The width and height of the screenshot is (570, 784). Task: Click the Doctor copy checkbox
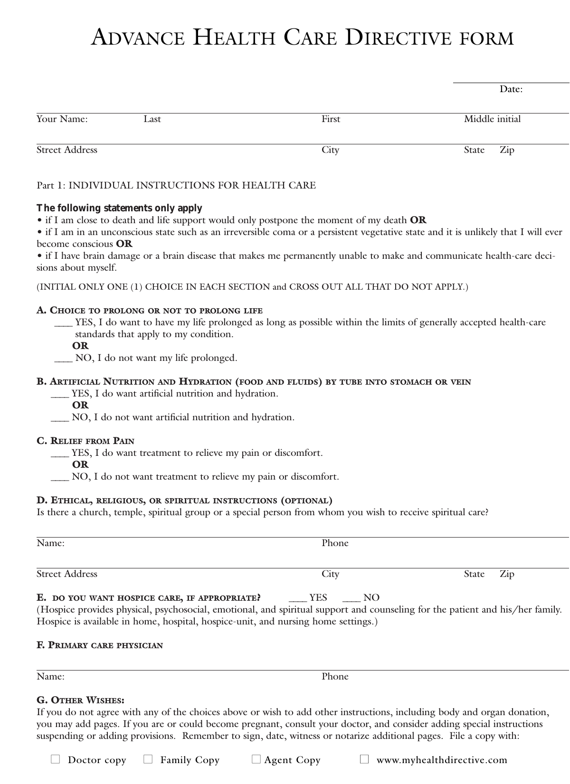pyautogui.click(x=56, y=759)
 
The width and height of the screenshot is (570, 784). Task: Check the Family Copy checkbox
pyautogui.click(x=148, y=759)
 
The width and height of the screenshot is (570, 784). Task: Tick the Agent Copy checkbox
pyautogui.click(x=256, y=759)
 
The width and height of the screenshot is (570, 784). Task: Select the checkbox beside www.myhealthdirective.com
pyautogui.click(x=364, y=759)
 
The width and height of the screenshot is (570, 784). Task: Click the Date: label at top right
pyautogui.click(x=511, y=89)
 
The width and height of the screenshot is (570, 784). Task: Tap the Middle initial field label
pyautogui.click(x=492, y=119)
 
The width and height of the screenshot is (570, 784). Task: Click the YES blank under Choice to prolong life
pyautogui.click(x=63, y=323)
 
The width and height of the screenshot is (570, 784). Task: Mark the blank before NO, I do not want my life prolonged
pyautogui.click(x=63, y=359)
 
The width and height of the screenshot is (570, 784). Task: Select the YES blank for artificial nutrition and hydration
pyautogui.click(x=60, y=394)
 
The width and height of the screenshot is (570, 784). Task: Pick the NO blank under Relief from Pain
pyautogui.click(x=60, y=477)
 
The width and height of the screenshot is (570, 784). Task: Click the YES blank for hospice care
pyautogui.click(x=298, y=598)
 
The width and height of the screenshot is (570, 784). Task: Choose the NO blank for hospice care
pyautogui.click(x=352, y=598)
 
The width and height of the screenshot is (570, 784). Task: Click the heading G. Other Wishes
pyautogui.click(x=81, y=700)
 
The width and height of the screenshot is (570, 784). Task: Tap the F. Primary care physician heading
pyautogui.click(x=100, y=645)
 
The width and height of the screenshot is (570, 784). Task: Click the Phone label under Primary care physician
pyautogui.click(x=335, y=677)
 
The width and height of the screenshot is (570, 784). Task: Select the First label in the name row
pyautogui.click(x=331, y=119)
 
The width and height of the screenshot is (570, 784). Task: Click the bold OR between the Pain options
pyautogui.click(x=80, y=464)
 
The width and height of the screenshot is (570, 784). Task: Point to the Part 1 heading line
pyautogui.click(x=176, y=185)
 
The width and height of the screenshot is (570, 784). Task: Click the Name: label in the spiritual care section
pyautogui.click(x=50, y=543)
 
